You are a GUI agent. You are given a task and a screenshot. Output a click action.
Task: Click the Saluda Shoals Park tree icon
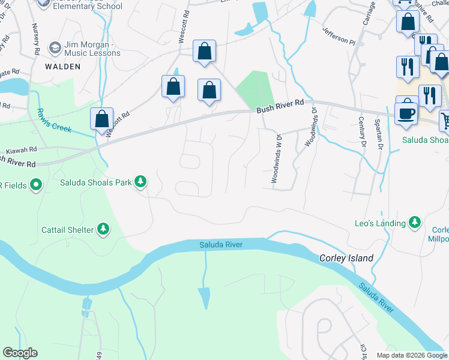[x=140, y=181]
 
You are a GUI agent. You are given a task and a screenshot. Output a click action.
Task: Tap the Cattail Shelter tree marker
[x=103, y=229]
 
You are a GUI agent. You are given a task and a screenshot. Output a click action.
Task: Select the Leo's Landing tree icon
[x=414, y=223]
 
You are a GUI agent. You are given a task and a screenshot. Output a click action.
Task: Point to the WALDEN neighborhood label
[x=62, y=67]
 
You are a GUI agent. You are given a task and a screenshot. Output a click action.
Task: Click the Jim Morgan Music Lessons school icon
[x=55, y=48]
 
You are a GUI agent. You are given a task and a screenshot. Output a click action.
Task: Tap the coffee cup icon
[x=406, y=113]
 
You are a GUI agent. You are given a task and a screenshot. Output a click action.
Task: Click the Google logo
[x=20, y=353]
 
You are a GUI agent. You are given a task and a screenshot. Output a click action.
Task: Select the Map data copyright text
[x=411, y=355]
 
